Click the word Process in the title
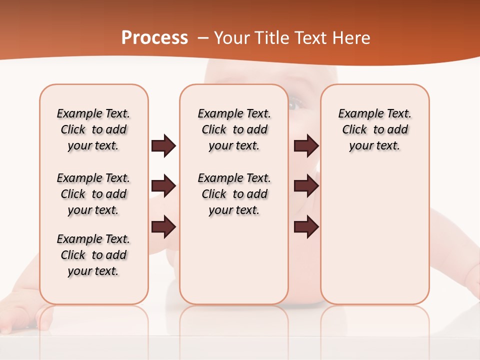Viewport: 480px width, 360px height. coord(154,38)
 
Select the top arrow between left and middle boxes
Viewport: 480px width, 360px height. coord(163,146)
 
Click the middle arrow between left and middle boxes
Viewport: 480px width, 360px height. coord(163,186)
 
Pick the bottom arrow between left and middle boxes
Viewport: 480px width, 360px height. coord(163,226)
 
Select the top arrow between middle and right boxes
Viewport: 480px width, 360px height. coord(306,146)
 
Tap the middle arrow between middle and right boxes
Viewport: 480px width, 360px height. coord(306,186)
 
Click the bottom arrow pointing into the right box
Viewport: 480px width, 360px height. coord(306,226)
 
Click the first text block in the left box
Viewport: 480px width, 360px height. coord(93,129)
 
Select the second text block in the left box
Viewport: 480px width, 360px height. coord(93,194)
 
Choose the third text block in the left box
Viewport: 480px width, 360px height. coord(93,255)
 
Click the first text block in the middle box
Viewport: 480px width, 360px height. coord(234,129)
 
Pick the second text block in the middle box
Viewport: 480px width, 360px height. coord(234,194)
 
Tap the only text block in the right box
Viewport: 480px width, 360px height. coord(374,129)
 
